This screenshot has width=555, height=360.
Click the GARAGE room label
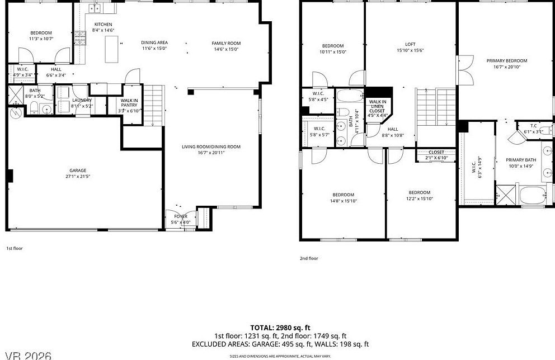(x=78, y=170)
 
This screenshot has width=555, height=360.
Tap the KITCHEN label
(x=103, y=24)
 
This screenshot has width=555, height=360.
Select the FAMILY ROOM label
(x=226, y=43)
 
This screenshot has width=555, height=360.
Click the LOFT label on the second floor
(x=410, y=44)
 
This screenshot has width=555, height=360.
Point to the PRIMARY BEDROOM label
(x=506, y=60)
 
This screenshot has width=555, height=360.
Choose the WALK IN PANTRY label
(x=129, y=102)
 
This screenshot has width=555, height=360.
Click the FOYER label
(x=181, y=216)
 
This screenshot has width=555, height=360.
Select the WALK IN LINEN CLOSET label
(x=376, y=107)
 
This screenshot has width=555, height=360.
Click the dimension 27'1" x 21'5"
(x=78, y=177)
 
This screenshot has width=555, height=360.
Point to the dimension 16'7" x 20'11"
(x=211, y=153)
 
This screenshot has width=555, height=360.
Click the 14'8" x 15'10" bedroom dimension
(x=343, y=201)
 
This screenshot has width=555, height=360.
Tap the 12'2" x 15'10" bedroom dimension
(x=419, y=198)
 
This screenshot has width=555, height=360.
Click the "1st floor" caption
(x=14, y=248)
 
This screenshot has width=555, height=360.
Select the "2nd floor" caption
(x=309, y=258)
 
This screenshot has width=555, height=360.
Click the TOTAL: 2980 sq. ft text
(x=280, y=328)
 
